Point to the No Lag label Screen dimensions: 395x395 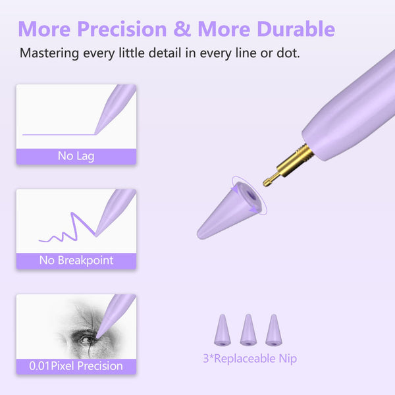click(x=76, y=157)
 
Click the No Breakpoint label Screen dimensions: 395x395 click(x=76, y=260)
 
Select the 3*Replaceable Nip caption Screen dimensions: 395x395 click(x=250, y=359)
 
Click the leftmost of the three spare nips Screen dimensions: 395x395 click(x=223, y=330)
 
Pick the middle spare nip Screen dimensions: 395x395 click(x=248, y=330)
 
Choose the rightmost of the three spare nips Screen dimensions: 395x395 click(x=273, y=330)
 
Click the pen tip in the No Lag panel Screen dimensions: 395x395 click(x=98, y=131)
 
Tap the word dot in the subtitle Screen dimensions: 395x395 click(x=287, y=53)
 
